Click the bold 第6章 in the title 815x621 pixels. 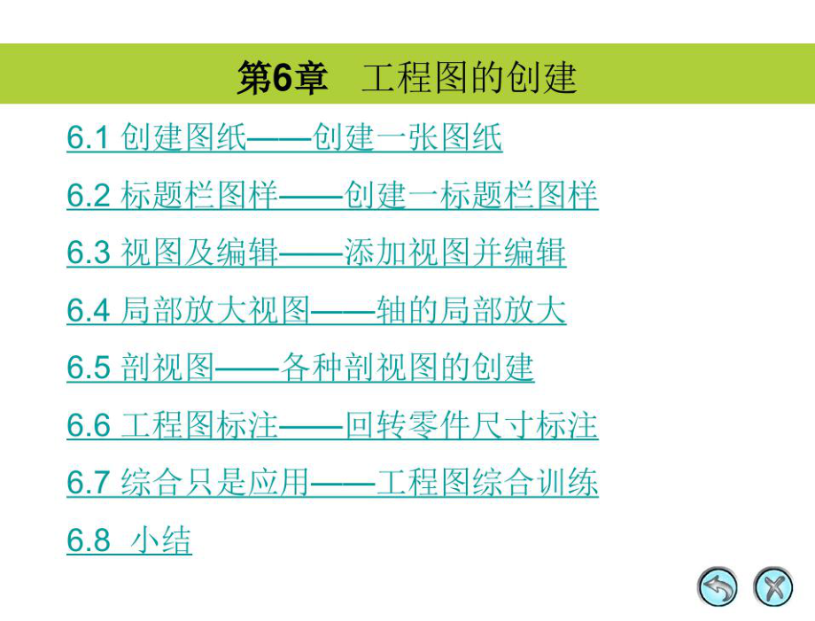[x=282, y=78]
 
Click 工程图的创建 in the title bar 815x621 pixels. [x=470, y=78]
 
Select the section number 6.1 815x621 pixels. [x=87, y=138]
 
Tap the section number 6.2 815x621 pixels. [x=87, y=196]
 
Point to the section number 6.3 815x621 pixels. [x=87, y=253]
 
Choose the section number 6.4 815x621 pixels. [x=87, y=311]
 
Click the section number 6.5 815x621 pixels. [x=87, y=368]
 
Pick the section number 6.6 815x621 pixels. [x=87, y=426]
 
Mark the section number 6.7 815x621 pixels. [x=87, y=483]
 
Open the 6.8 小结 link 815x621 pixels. [x=129, y=540]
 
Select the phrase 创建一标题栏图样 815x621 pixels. [x=471, y=196]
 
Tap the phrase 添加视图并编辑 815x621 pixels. [x=455, y=253]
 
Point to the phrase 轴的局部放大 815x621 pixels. [x=471, y=311]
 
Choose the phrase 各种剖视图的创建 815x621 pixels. [x=407, y=368]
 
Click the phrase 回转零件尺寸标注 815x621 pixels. [x=471, y=426]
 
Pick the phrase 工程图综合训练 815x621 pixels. [x=487, y=483]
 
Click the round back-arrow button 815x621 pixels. [x=718, y=587]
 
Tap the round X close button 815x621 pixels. [x=772, y=587]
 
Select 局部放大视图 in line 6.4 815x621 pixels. [x=215, y=311]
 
